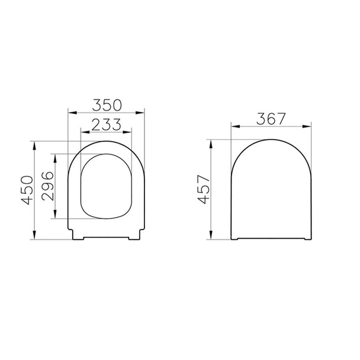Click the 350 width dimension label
[x=107, y=105]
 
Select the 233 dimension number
[x=107, y=125]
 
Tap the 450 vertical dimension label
[x=27, y=190]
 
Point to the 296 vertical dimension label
[x=48, y=186]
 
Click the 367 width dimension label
[x=271, y=118]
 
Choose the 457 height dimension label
[x=204, y=189]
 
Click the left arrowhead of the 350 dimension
[x=72, y=112]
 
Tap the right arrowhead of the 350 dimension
[x=140, y=112]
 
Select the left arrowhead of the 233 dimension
[x=85, y=132]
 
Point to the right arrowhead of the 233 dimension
[x=127, y=132]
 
